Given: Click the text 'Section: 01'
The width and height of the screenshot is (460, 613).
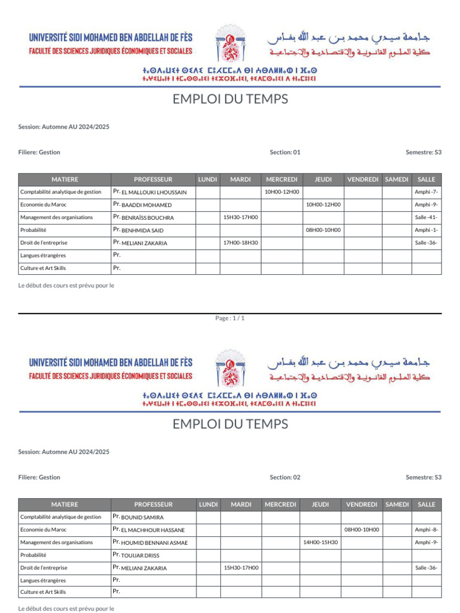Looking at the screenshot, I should [285, 152].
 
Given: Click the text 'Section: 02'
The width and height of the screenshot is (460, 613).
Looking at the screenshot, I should [285, 477].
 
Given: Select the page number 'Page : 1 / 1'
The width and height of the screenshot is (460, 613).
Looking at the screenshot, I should [230, 318].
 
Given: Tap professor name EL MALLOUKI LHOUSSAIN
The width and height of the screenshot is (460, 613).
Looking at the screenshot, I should [154, 192].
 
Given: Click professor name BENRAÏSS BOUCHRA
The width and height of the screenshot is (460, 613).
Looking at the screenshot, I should [147, 218].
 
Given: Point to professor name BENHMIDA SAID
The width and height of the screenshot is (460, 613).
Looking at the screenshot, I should [143, 230].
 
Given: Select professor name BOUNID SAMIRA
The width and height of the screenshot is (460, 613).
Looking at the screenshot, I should [143, 517].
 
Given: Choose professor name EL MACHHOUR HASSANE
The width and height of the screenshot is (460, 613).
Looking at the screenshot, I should [153, 530].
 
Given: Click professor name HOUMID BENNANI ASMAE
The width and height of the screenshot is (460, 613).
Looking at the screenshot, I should [155, 543].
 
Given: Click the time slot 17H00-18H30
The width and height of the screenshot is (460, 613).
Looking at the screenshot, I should [240, 242].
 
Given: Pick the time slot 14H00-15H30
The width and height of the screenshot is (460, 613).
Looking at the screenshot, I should [320, 542].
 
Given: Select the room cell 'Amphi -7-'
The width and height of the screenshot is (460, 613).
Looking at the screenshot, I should [426, 192].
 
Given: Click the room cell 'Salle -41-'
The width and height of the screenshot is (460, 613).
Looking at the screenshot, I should [426, 217].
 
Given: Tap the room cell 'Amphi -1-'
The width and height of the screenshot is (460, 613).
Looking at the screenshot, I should [426, 230].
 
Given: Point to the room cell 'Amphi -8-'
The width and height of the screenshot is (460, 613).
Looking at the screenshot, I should [426, 530].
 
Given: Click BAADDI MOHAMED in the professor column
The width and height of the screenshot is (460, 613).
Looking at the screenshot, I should [146, 205].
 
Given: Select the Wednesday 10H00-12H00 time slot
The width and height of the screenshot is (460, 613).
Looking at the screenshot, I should [282, 192].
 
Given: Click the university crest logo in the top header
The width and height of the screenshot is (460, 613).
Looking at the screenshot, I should [230, 44].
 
